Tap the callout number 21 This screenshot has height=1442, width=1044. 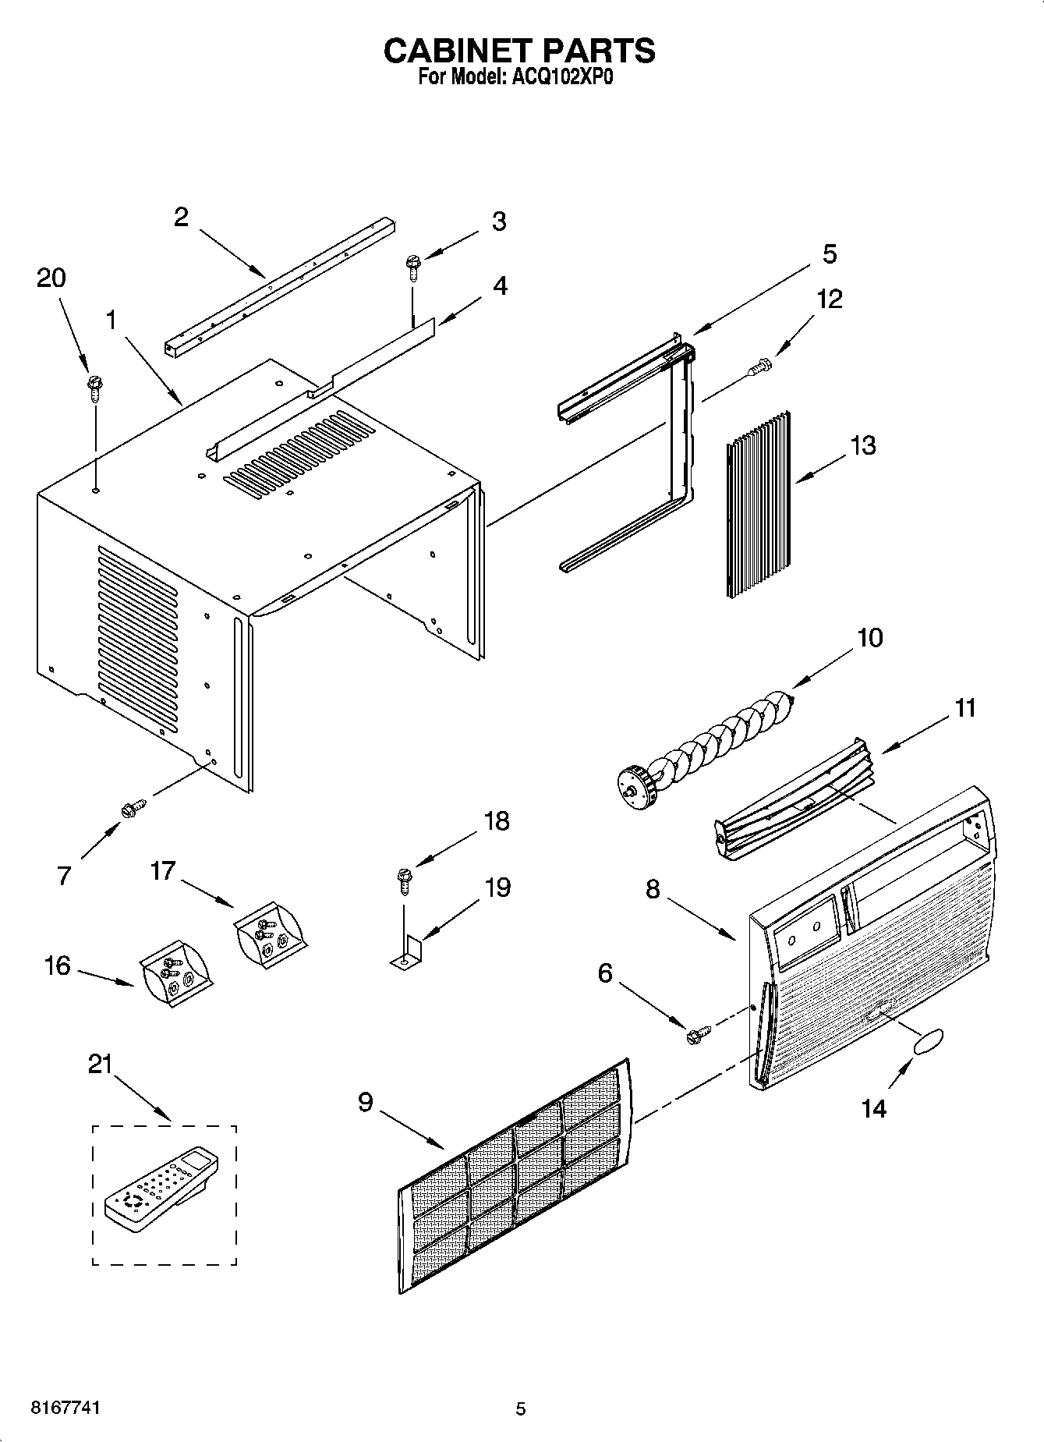click(101, 1064)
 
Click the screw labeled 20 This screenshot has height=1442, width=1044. click(96, 388)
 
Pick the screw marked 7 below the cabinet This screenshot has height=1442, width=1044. click(133, 808)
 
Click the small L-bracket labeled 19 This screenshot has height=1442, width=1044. click(407, 955)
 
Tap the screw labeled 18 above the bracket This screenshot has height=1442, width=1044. click(404, 881)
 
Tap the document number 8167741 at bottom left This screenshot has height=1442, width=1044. click(65, 1408)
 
